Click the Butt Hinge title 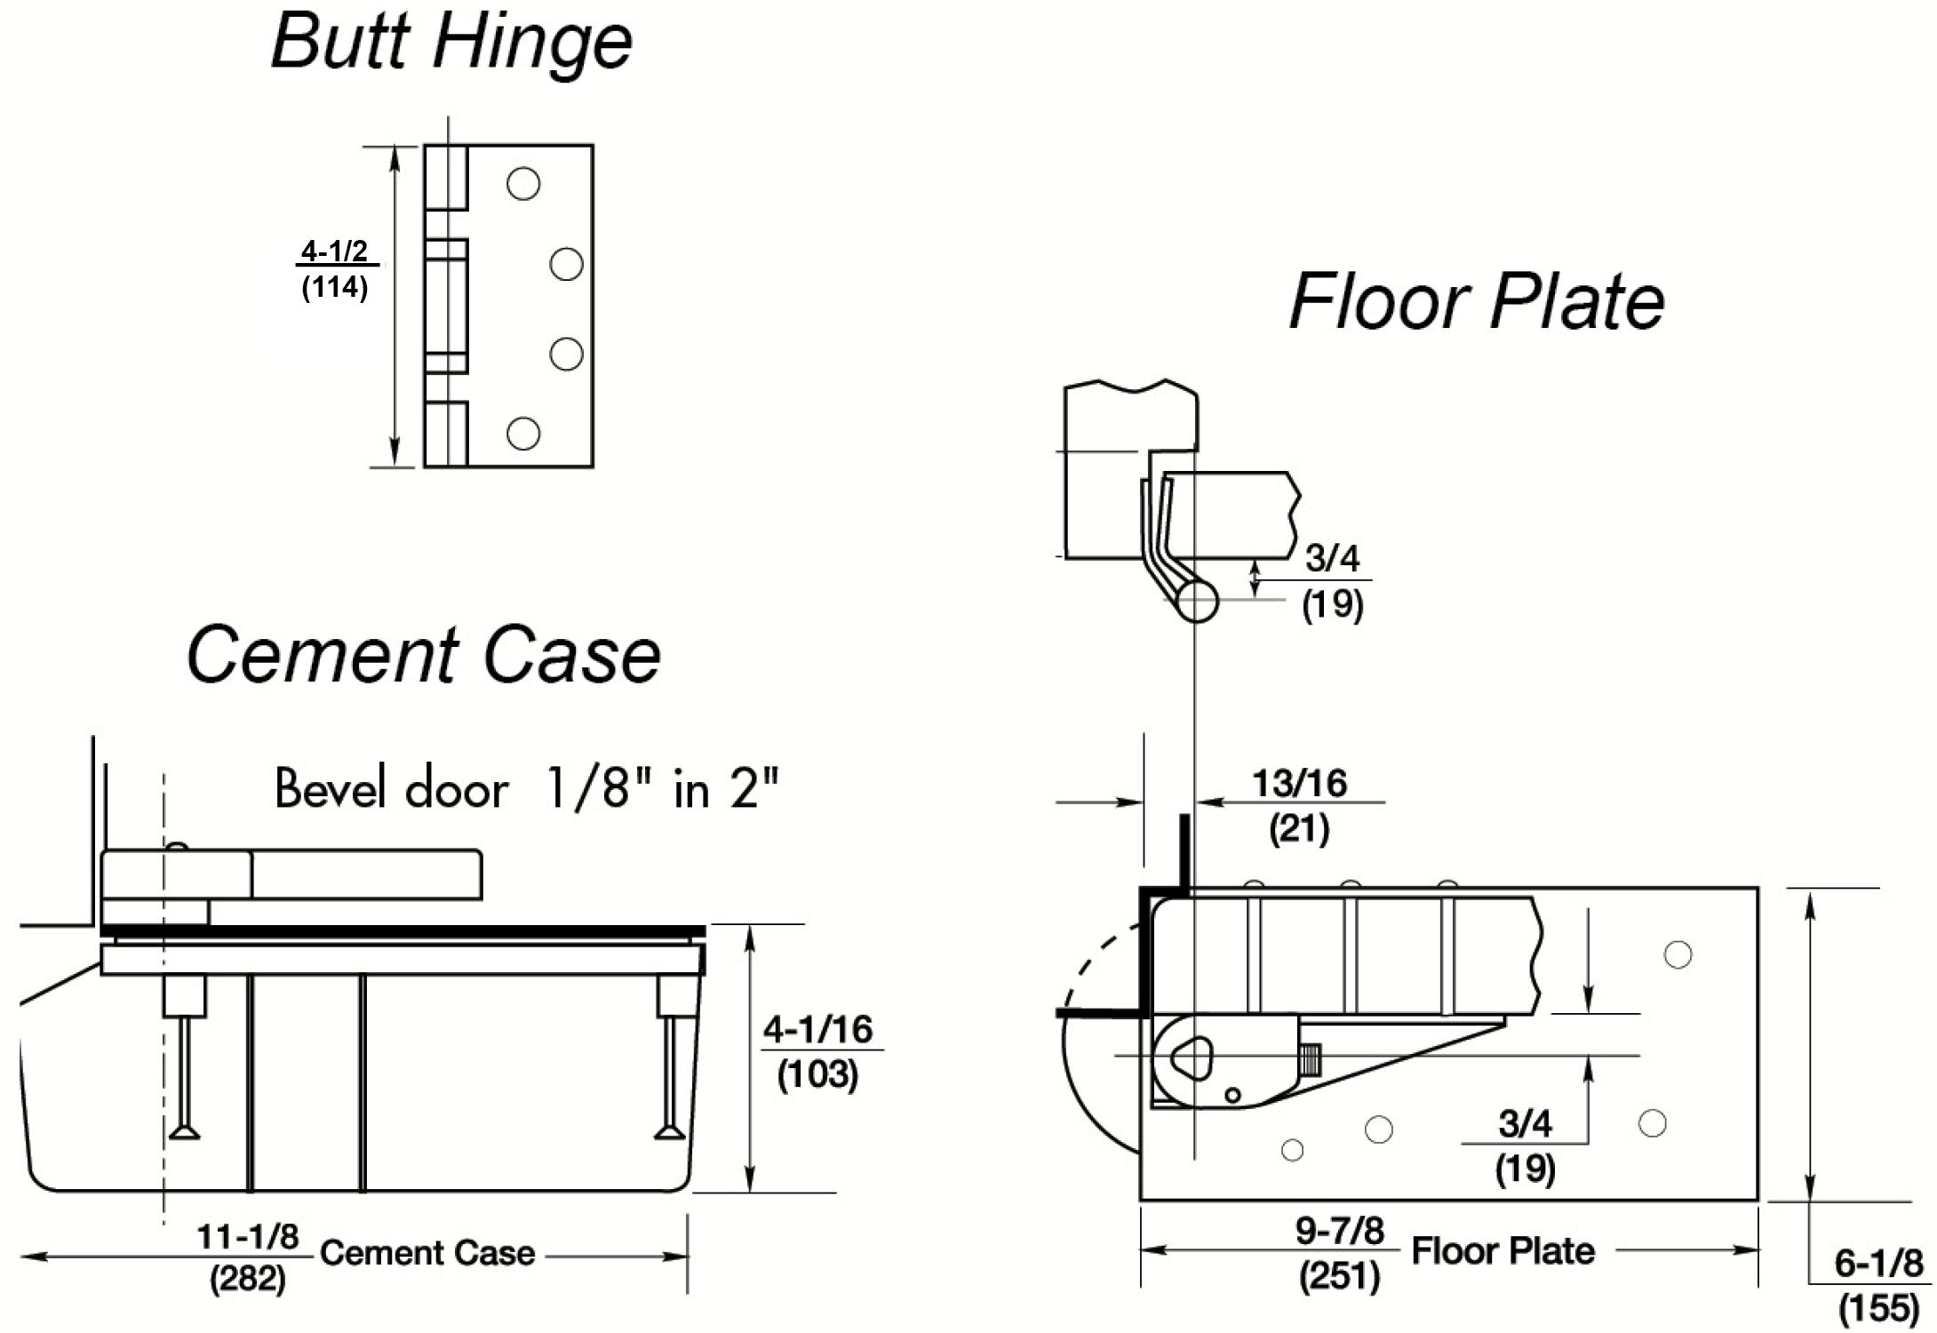click(451, 41)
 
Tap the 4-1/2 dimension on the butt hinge click(334, 251)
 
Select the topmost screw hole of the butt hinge click(523, 184)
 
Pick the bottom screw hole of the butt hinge click(523, 434)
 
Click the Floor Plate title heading click(1476, 301)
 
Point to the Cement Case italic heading click(423, 655)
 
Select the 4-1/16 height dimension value click(817, 1029)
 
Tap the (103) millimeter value click(817, 1074)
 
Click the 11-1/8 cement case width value click(248, 1236)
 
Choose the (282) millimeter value click(248, 1280)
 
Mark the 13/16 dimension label click(1299, 783)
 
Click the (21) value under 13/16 click(1299, 828)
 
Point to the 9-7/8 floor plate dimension click(1339, 1231)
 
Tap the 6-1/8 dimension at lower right click(1878, 1263)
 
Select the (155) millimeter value click(1878, 1309)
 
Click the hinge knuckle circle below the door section click(1196, 601)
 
